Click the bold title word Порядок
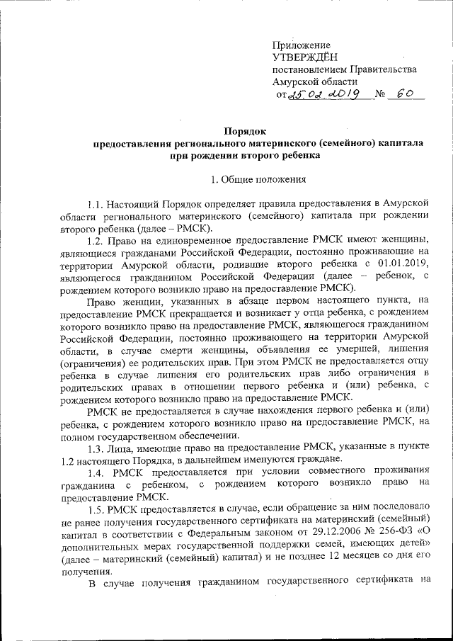pos(245,130)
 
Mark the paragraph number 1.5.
pos(96,508)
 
